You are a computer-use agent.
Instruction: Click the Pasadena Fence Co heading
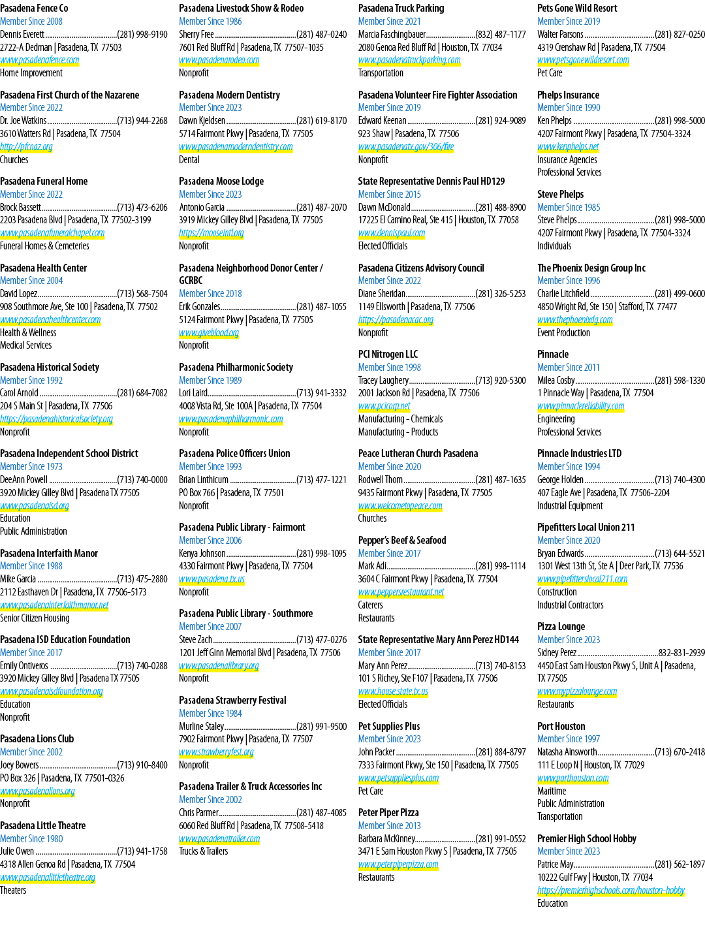pos(34,8)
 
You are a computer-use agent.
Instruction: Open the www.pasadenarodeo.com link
pos(219,60)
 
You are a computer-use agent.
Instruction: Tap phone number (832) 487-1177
pos(501,35)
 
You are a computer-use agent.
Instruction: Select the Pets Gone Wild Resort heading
pos(577,8)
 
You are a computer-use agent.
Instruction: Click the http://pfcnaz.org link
pos(26,147)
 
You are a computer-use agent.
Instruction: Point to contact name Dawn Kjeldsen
pos(202,121)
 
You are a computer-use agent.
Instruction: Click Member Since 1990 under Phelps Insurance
pos(569,108)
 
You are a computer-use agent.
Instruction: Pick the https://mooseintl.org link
pos(211,233)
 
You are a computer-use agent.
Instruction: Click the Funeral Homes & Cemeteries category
pos(44,245)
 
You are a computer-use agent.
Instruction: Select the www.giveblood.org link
pos(209,332)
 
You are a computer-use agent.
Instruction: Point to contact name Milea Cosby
pos(556,380)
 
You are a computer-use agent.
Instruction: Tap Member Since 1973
pos(31,466)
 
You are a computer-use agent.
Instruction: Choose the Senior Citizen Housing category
pos(35,618)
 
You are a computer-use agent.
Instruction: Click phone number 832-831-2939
pos(681,652)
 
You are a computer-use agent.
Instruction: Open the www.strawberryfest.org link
pos(216,752)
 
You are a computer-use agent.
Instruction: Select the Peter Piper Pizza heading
pos(388,812)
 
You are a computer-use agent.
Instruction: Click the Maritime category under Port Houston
pos(552,791)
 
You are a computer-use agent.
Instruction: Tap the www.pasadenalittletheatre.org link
pos(48,878)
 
